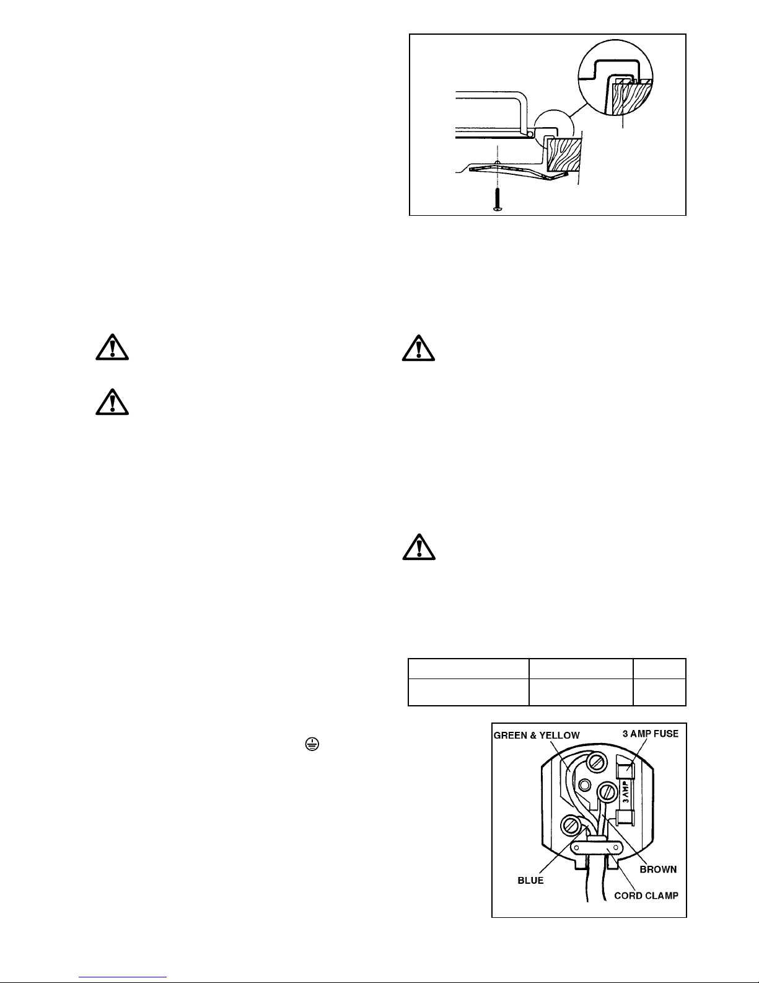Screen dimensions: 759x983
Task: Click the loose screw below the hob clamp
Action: tap(498, 199)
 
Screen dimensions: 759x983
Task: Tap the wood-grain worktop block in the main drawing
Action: tap(563, 156)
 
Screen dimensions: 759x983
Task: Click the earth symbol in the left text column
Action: tap(312, 744)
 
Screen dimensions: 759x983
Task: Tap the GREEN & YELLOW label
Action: tap(537, 735)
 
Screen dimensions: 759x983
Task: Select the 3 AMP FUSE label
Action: tap(651, 733)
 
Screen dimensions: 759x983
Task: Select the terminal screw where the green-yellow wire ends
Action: tap(597, 763)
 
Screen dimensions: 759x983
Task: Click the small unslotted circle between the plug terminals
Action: tap(585, 785)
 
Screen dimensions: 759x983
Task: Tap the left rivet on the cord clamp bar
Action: tap(577, 847)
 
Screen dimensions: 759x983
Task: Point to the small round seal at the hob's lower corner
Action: tap(530, 134)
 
